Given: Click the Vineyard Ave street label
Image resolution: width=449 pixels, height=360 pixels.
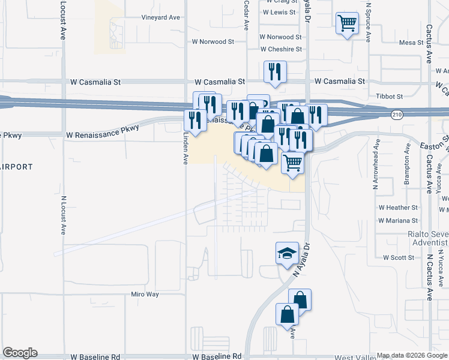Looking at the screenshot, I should pos(160,17).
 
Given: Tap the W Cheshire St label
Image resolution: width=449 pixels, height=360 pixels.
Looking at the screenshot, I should pos(280,49).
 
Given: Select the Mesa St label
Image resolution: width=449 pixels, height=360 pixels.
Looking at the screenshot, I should pos(411,43).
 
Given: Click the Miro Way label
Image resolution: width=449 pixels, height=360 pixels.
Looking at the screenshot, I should pos(145,294).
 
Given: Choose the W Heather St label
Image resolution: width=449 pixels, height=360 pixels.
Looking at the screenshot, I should pos(398,208).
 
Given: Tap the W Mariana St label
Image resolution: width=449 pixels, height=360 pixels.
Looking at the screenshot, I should pos(398,221).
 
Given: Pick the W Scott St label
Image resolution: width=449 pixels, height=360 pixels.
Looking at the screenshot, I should pos(399,257).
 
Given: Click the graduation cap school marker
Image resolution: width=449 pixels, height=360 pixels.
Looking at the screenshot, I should pos(287,253).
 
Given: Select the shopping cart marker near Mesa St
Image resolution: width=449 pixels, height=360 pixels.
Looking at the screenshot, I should pos(347,23).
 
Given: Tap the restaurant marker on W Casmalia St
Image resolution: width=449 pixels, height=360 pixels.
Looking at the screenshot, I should pos(275,71).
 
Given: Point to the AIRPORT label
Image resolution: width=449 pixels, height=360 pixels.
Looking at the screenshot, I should pos(16,166).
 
